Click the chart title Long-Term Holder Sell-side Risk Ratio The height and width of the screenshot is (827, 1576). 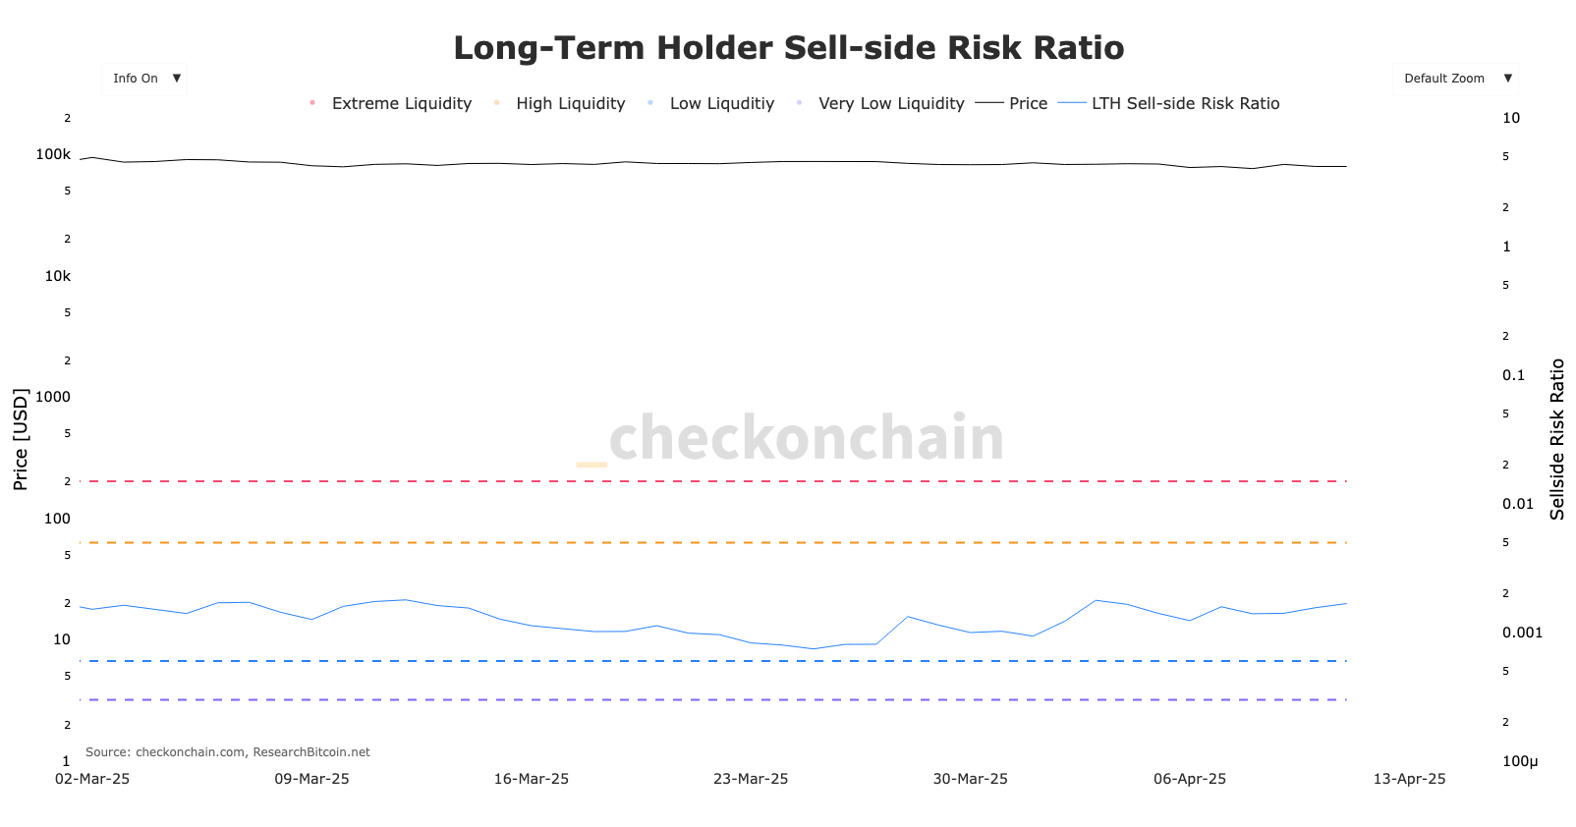click(x=788, y=47)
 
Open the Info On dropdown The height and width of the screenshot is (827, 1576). click(x=144, y=79)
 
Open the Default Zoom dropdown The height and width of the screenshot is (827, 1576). click(x=1454, y=79)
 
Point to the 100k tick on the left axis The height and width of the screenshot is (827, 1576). click(x=53, y=154)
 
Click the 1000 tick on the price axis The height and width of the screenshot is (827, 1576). click(x=53, y=397)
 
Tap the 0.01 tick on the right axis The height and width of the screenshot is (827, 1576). click(x=1517, y=504)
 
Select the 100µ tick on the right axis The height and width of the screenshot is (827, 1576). click(x=1519, y=761)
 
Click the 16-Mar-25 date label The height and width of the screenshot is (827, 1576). click(x=531, y=779)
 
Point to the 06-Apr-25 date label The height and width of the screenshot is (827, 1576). click(x=1189, y=779)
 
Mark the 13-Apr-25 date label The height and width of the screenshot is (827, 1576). click(x=1409, y=779)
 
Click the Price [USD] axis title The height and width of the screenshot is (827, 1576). click(x=21, y=439)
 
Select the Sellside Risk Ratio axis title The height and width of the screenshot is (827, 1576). click(x=1556, y=439)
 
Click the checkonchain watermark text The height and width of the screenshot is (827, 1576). click(x=806, y=437)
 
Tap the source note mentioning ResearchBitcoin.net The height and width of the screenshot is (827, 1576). click(x=228, y=752)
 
